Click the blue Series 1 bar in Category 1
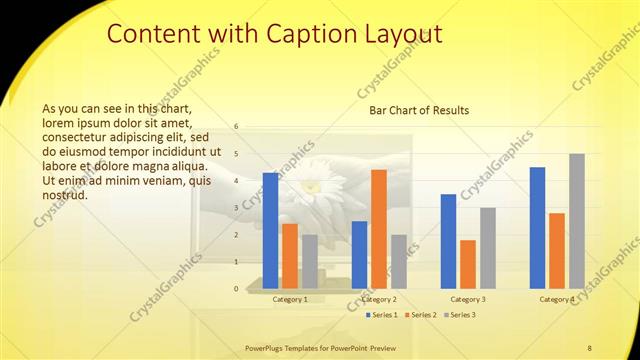[270, 230]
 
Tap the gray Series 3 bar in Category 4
[577, 221]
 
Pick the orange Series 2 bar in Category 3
[468, 264]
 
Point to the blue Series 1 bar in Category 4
[537, 227]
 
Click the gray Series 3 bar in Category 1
[310, 261]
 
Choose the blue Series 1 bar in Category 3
[448, 241]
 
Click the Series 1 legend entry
[381, 315]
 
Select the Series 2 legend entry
[420, 315]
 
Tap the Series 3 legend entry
[459, 315]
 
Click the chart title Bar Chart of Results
[419, 110]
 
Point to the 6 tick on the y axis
[236, 127]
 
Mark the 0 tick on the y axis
[236, 289]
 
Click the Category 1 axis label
[290, 299]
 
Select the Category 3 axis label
[468, 299]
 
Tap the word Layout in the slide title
[399, 34]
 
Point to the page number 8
[589, 347]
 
